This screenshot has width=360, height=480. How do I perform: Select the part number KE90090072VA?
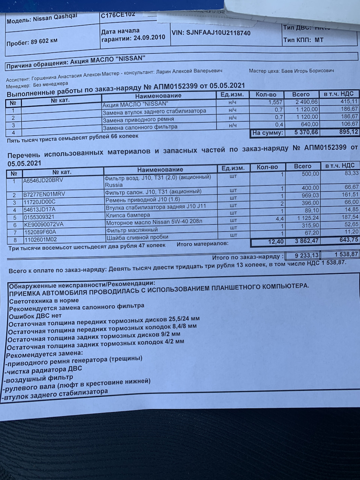point(43,225)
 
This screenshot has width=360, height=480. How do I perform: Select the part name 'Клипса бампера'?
point(128,215)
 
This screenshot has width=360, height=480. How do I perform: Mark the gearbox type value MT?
point(319,40)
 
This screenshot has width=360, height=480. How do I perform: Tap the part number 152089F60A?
point(39,232)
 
